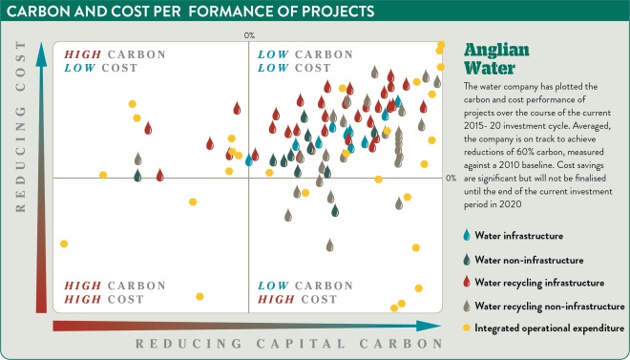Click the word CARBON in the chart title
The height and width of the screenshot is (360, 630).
pyautogui.click(x=36, y=11)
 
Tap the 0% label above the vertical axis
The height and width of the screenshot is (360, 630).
pyautogui.click(x=249, y=34)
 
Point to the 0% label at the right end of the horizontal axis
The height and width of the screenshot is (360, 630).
pyautogui.click(x=451, y=178)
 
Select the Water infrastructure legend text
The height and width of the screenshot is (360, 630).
pyautogui.click(x=519, y=235)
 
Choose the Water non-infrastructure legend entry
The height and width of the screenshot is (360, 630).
pyautogui.click(x=532, y=259)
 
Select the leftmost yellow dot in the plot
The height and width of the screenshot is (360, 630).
pyautogui.click(x=64, y=244)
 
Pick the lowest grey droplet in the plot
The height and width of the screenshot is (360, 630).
pyautogui.click(x=330, y=245)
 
